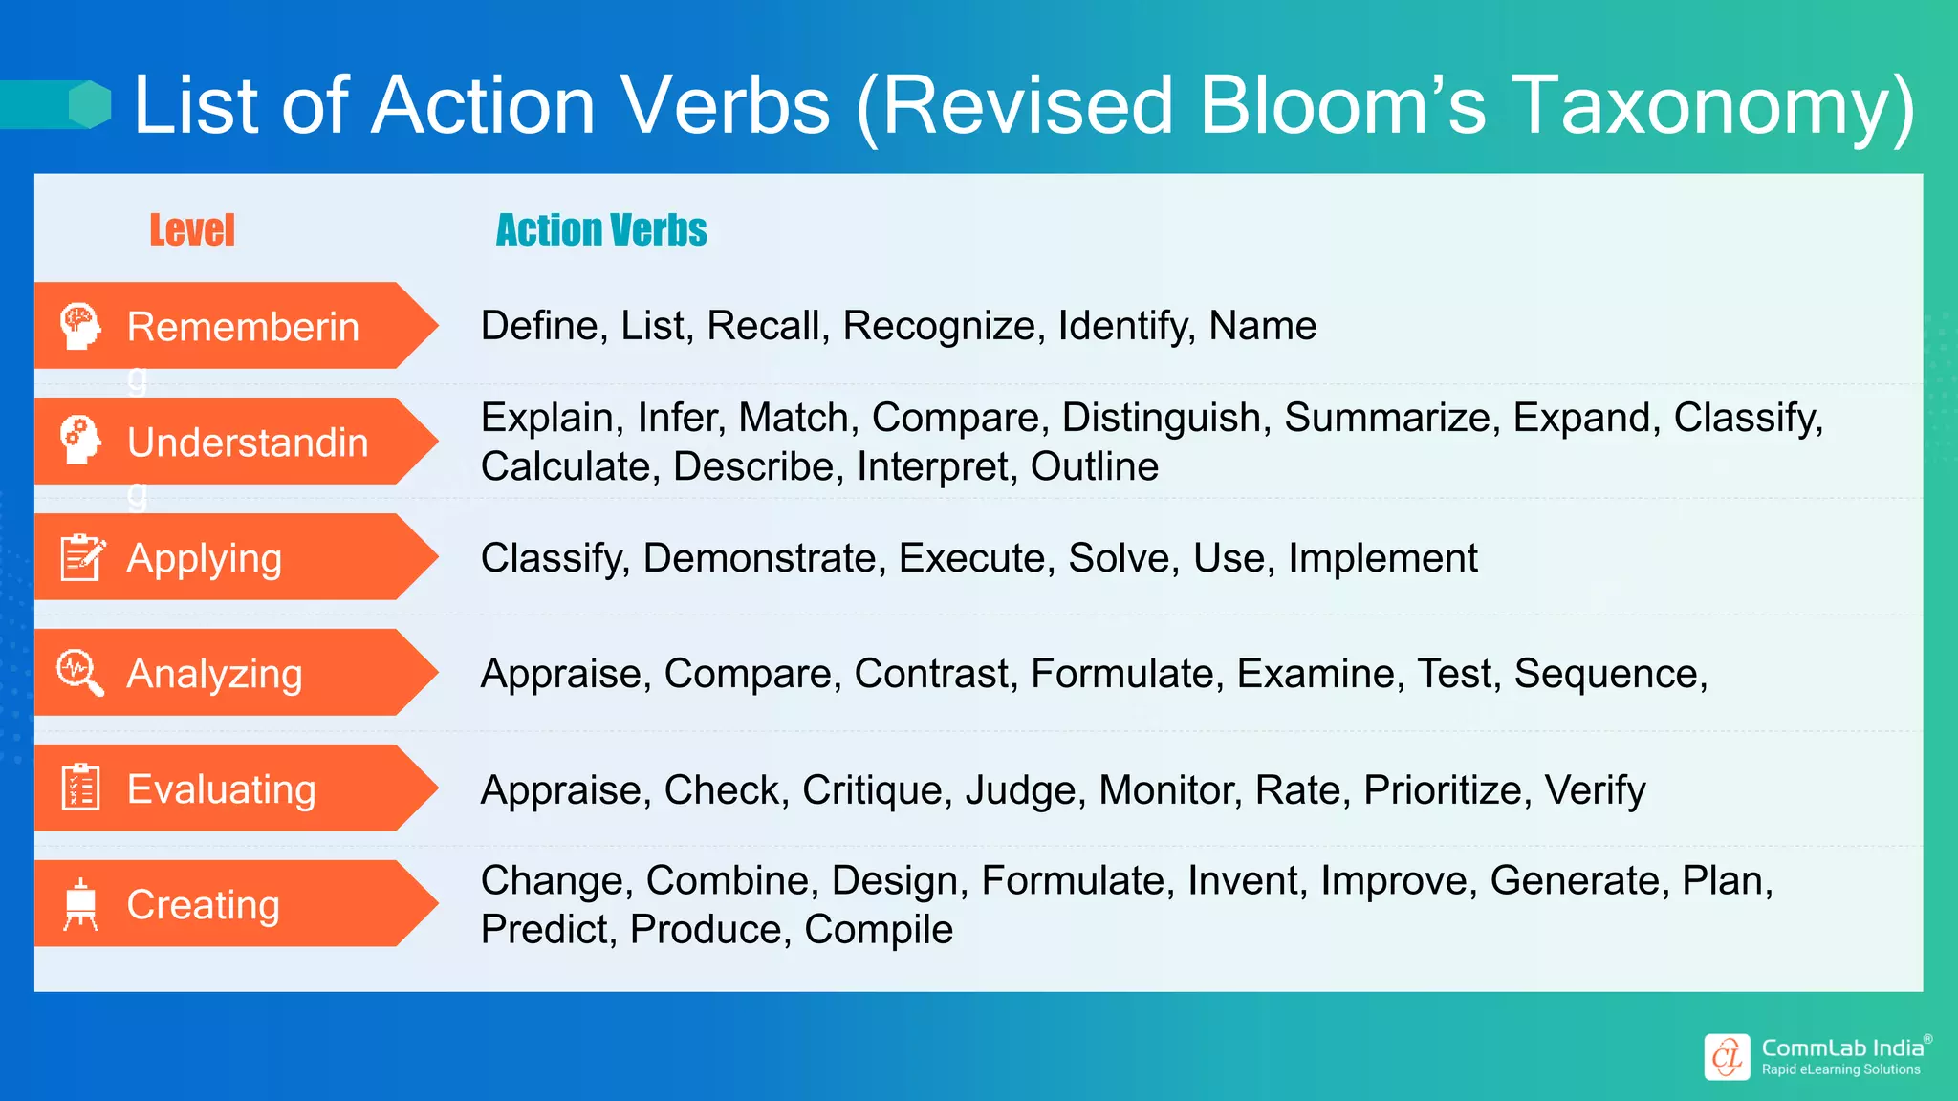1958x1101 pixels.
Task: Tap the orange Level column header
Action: click(x=192, y=230)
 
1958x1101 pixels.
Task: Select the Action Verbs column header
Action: click(x=601, y=230)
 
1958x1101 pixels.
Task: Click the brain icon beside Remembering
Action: click(x=80, y=326)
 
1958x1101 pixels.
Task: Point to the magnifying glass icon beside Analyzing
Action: click(x=80, y=673)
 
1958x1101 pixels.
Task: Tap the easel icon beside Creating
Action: click(x=80, y=904)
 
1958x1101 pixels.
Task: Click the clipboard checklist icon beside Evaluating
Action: click(x=80, y=788)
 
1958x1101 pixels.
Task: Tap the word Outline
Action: click(x=1094, y=466)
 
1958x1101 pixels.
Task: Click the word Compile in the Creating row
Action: click(x=878, y=930)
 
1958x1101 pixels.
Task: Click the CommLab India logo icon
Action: click(x=1727, y=1057)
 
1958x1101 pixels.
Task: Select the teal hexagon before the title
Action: click(x=90, y=104)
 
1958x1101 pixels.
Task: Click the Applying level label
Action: click(x=205, y=558)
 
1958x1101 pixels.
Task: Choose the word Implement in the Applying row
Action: click(x=1382, y=558)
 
